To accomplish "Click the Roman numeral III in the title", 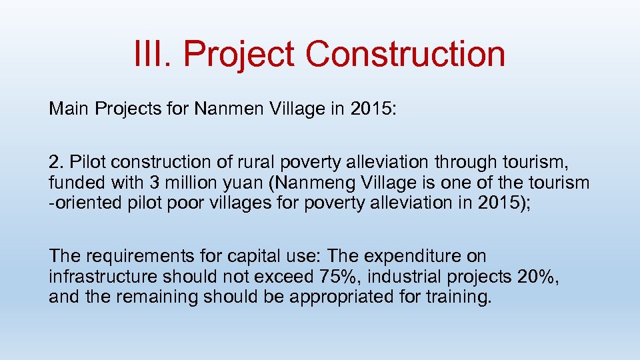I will tap(151, 54).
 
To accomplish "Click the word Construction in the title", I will tap(406, 54).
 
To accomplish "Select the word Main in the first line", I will tap(66, 109).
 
